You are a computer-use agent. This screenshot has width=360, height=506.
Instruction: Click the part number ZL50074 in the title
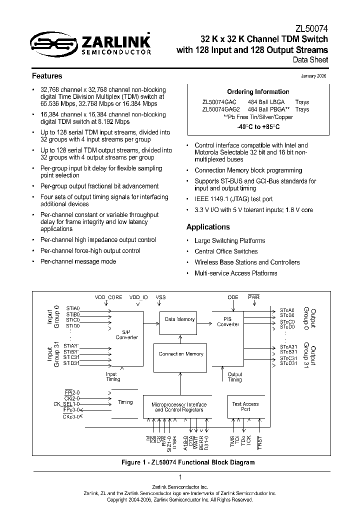pos(311,29)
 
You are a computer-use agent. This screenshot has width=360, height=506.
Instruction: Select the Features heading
pos(47,76)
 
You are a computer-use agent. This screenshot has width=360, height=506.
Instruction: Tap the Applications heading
pos(208,227)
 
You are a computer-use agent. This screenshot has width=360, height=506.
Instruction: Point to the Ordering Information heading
pos(258,92)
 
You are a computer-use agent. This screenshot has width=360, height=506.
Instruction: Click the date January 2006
pos(314,75)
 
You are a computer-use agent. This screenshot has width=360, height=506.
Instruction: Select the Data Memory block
pos(179,319)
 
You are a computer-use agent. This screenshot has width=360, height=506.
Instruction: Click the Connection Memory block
pos(181,354)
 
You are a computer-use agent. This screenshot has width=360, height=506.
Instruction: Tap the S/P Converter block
pos(126,334)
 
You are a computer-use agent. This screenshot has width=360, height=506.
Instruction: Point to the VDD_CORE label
pos(108,297)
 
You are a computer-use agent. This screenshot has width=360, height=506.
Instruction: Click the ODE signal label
pos(233,297)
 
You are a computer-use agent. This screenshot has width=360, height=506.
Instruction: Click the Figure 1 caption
pos(188,462)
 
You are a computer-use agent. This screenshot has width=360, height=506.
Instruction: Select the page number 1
pos(180,477)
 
